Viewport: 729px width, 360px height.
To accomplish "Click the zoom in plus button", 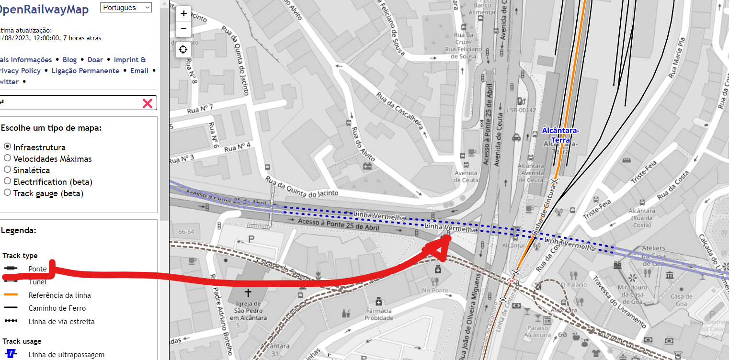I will (x=183, y=14).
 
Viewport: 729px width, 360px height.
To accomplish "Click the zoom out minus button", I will (x=183, y=29).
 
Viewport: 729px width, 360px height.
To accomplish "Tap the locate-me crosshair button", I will (x=183, y=49).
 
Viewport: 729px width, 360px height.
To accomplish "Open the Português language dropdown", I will (x=126, y=8).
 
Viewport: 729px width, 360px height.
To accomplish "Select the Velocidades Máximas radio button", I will (x=7, y=158).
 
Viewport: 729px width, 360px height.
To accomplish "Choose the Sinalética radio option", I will (x=7, y=170).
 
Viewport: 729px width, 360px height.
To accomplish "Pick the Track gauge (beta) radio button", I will (x=7, y=193).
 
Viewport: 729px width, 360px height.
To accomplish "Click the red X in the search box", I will (x=148, y=103).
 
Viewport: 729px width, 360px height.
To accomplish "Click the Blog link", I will (x=69, y=60).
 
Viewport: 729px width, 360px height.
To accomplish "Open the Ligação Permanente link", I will (x=85, y=71).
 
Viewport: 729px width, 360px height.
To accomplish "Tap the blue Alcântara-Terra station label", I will (x=560, y=135).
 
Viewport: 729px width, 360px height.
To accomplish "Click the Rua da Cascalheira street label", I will (x=400, y=111).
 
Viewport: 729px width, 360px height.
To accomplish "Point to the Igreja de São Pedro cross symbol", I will (x=248, y=292).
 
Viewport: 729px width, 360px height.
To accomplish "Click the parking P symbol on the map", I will (x=251, y=238).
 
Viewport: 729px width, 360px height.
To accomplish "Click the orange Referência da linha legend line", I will (x=11, y=294).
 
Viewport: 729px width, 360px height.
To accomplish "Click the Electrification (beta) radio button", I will (x=7, y=181).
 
